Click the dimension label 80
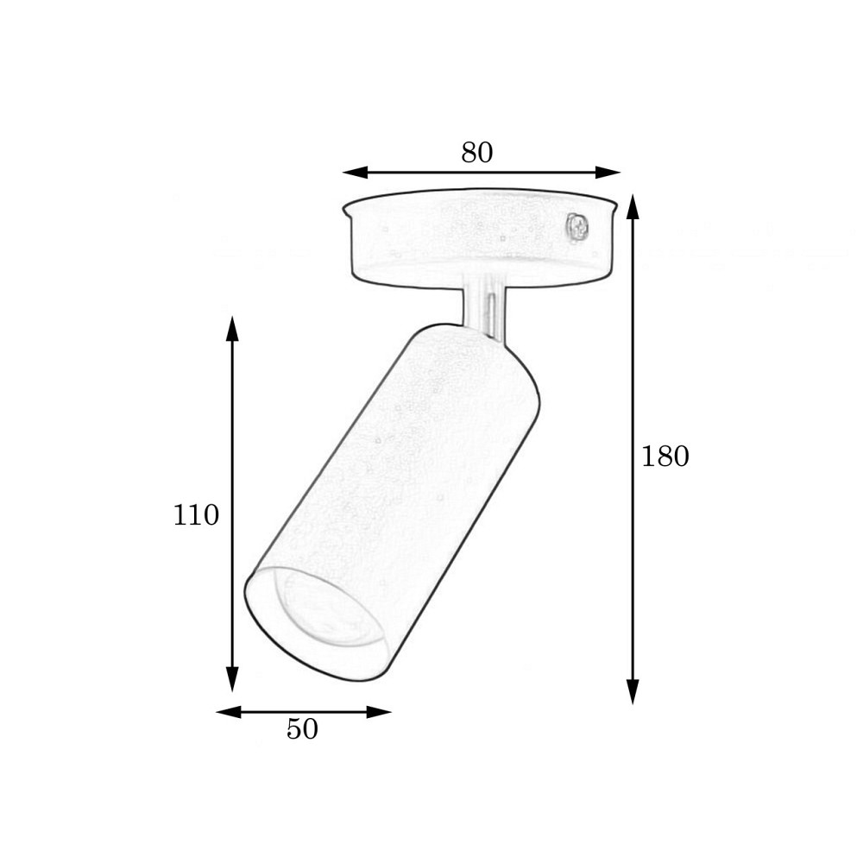[x=476, y=153]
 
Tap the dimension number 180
[x=665, y=457]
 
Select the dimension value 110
[x=196, y=515]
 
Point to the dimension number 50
[x=302, y=729]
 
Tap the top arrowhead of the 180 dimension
[x=633, y=207]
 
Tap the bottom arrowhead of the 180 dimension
[x=633, y=691]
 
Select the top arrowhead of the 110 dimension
[x=231, y=329]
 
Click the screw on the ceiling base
[x=576, y=228]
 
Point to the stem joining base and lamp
[x=482, y=306]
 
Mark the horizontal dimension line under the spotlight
[x=303, y=712]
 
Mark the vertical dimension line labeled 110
[x=231, y=414]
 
